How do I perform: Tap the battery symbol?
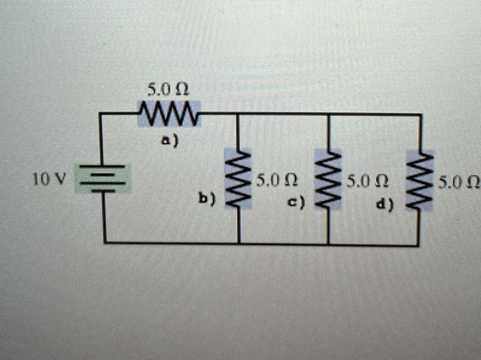pos(103,179)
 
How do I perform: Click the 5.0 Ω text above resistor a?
pos(168,90)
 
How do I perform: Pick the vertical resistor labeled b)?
pos(238,179)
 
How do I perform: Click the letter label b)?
pos(207,198)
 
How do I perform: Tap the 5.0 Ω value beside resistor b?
pos(277,181)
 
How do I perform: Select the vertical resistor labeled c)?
pos(328,180)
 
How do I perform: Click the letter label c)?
pos(296,203)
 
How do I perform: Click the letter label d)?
pos(385,204)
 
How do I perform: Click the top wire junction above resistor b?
pos(238,114)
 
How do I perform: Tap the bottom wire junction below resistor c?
pos(328,244)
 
